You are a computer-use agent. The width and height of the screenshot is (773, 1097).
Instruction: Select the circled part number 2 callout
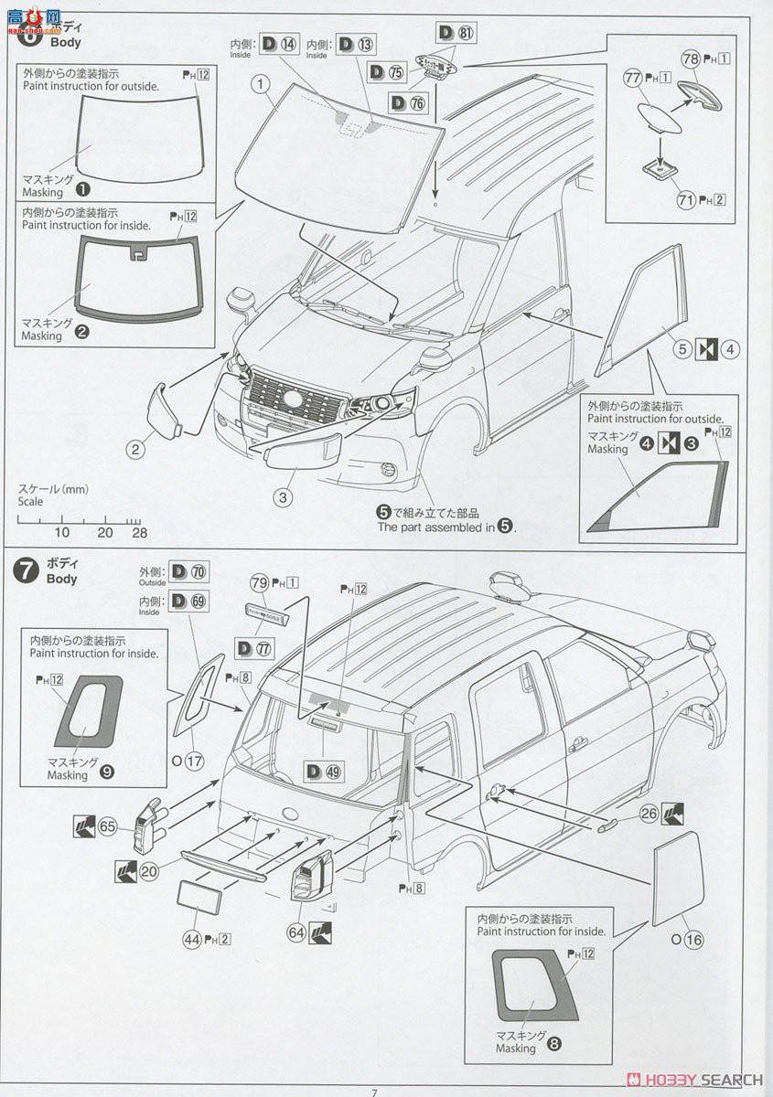click(x=135, y=448)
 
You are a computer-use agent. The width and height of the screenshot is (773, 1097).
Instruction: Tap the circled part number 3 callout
click(x=284, y=497)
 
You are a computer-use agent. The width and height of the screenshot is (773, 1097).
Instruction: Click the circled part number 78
click(x=692, y=59)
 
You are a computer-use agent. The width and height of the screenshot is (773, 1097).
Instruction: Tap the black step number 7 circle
click(x=26, y=571)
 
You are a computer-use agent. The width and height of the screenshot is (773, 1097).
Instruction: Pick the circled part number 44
click(x=190, y=937)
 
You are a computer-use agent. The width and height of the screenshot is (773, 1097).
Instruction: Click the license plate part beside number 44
click(x=199, y=897)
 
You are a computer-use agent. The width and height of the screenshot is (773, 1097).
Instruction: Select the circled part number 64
click(x=296, y=932)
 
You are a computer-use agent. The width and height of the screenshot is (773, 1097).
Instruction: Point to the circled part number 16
click(x=692, y=939)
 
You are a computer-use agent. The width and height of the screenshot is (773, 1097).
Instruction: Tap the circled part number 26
click(x=649, y=812)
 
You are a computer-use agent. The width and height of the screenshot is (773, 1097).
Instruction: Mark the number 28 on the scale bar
click(x=138, y=532)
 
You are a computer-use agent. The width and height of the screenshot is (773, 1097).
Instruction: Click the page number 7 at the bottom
click(x=374, y=1091)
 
